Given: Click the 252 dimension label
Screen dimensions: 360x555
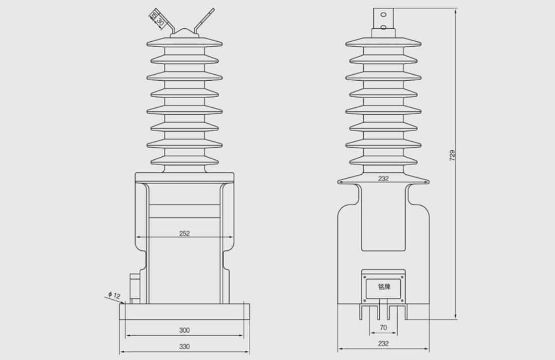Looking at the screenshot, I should click(184, 233).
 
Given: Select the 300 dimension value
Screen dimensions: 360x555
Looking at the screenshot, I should click(184, 330).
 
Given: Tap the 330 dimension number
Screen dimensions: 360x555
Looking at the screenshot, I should click(184, 347).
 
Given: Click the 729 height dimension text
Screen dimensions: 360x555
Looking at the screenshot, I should click(452, 155).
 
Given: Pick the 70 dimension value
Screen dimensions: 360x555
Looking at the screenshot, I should click(383, 327).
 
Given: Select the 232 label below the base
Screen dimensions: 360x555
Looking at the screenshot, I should click(383, 344).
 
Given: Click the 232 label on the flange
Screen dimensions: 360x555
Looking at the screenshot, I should click(383, 179).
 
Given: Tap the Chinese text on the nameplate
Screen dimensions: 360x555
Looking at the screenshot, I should click(383, 287).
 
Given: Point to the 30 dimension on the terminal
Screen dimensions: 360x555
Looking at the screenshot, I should click(159, 22).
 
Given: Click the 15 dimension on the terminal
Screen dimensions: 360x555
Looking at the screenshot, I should click(153, 16).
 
